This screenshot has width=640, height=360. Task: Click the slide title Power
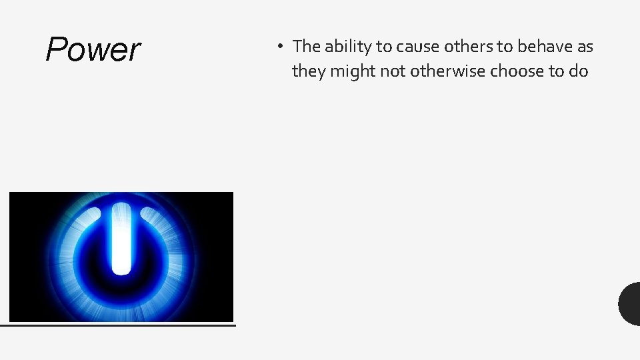pyautogui.click(x=93, y=49)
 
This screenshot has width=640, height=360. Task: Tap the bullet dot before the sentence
pyautogui.click(x=281, y=47)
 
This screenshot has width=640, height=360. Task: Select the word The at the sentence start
pyautogui.click(x=307, y=46)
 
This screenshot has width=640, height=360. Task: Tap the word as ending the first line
pyautogui.click(x=585, y=47)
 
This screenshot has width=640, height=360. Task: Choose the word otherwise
pyautogui.click(x=448, y=71)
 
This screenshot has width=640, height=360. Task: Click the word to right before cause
pyautogui.click(x=384, y=47)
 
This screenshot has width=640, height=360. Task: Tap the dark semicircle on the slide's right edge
pyautogui.click(x=630, y=303)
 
